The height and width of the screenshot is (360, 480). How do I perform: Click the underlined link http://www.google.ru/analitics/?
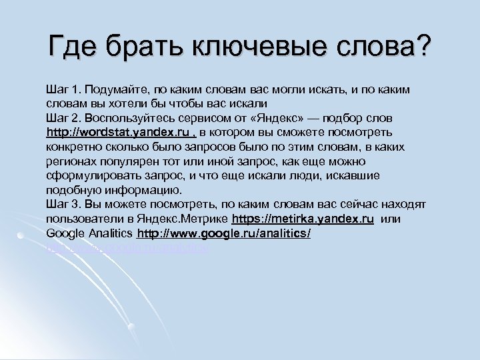(223, 233)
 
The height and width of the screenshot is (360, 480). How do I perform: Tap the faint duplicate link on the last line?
(127, 247)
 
